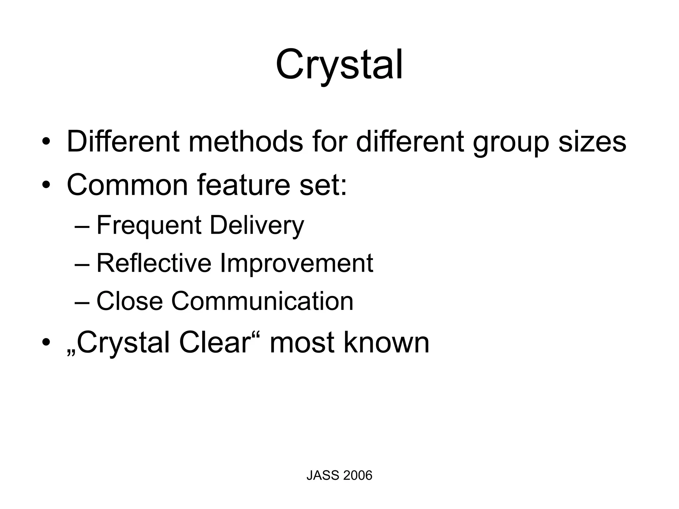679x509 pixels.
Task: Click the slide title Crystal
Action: click(339, 65)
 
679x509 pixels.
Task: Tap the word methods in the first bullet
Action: click(245, 141)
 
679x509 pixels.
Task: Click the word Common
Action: click(127, 185)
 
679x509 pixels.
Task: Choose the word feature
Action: click(244, 185)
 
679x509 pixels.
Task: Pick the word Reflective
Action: click(154, 263)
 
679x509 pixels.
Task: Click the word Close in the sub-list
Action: click(129, 301)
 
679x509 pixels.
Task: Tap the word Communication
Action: click(262, 301)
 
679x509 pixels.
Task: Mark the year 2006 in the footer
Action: click(358, 476)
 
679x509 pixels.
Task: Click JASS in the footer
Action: click(323, 476)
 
